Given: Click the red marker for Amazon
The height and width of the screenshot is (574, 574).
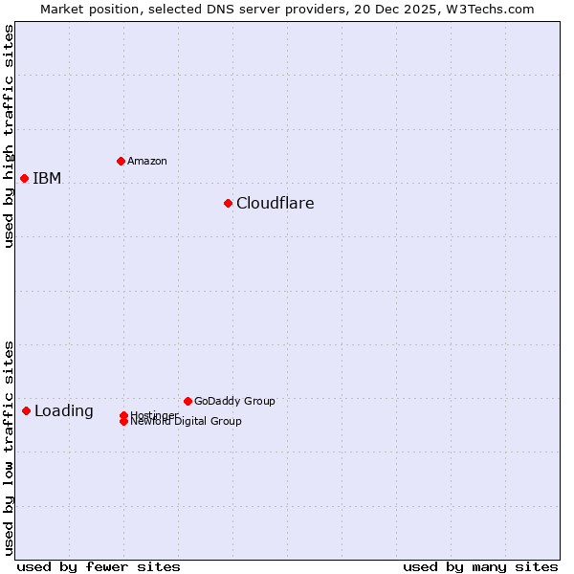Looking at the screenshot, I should [121, 161].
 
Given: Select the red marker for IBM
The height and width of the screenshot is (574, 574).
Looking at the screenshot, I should [24, 178].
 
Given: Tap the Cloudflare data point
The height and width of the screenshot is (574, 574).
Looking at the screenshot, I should [228, 203].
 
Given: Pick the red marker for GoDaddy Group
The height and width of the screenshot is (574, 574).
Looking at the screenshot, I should [188, 401].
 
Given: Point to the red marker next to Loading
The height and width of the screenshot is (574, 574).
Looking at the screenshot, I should [26, 410].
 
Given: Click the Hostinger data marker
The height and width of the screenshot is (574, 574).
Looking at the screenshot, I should [123, 415].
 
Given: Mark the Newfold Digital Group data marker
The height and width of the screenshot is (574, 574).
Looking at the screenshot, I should [123, 421].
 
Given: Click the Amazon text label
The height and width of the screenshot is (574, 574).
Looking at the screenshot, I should [147, 161].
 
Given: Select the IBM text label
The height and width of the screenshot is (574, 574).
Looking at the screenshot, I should [47, 178].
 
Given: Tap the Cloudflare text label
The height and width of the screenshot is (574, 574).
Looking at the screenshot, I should [276, 203].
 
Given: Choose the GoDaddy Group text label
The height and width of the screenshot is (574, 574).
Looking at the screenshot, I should [234, 401].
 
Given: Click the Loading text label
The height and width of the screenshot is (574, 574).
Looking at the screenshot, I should [64, 411].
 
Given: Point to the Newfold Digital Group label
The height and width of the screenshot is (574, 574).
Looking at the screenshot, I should [187, 422].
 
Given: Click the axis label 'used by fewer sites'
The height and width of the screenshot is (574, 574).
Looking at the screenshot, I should [99, 566].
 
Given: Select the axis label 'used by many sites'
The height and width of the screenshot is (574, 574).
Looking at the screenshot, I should [480, 566].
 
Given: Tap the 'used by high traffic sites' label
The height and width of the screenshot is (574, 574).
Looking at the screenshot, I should [9, 136].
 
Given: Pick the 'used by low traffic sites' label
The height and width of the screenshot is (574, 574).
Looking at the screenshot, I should [9, 448].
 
